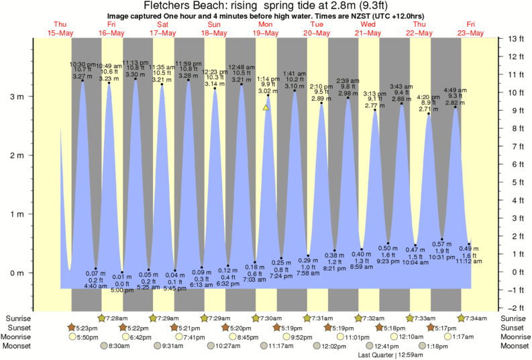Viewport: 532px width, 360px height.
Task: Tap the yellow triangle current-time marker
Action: click(266, 107)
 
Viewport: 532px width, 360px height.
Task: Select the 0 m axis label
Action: click(17, 273)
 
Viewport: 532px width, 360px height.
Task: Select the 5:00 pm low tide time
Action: click(121, 290)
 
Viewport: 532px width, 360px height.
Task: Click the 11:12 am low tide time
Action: click(469, 261)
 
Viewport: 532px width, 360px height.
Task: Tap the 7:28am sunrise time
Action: click(118, 317)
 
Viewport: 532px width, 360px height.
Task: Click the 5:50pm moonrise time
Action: click(88, 337)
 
